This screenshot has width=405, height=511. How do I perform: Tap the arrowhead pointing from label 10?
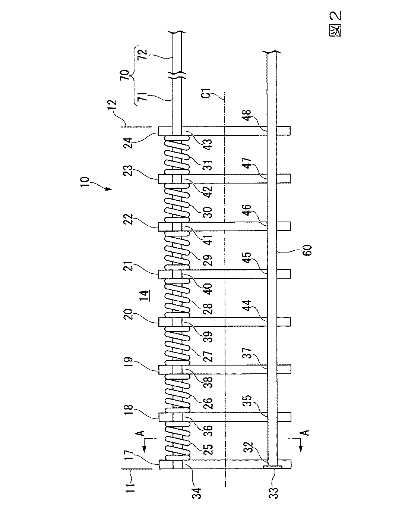click(x=109, y=189)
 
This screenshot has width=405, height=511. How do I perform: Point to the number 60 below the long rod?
click(x=308, y=250)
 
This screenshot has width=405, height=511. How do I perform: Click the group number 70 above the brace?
click(x=125, y=75)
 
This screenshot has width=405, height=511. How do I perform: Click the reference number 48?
click(x=247, y=115)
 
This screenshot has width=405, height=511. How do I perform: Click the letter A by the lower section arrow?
click(x=306, y=432)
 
